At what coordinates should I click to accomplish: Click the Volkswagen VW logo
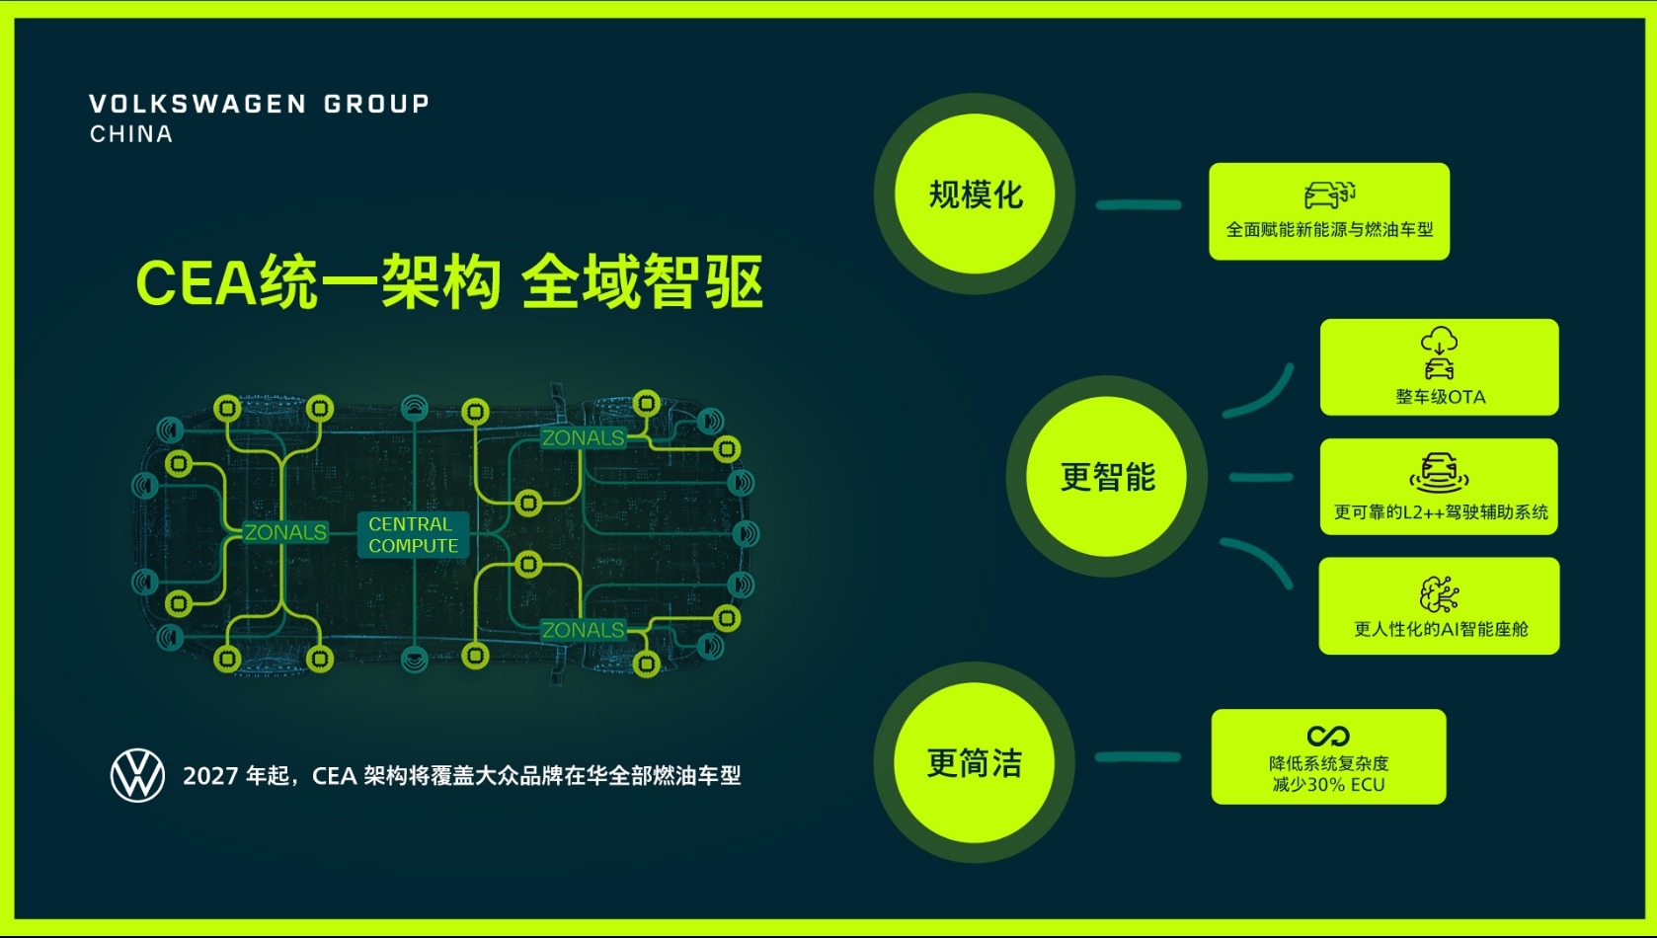tap(137, 775)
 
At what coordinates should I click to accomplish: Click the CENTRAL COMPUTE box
tap(413, 535)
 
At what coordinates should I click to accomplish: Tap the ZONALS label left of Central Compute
tap(285, 532)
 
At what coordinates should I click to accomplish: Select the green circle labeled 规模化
tap(975, 194)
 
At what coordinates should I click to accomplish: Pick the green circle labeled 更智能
tap(1107, 476)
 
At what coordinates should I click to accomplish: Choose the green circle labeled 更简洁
tap(975, 762)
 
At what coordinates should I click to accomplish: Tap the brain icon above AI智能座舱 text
tap(1439, 594)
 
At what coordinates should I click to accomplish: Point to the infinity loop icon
tap(1328, 736)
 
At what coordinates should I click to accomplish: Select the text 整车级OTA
tap(1441, 397)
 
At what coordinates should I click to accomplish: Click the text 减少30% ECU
tap(1328, 784)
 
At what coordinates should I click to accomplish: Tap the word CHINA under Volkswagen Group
tap(131, 134)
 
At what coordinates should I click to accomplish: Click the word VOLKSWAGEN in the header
tap(197, 104)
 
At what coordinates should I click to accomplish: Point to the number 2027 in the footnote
tap(210, 776)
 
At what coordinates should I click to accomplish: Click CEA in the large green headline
tap(197, 283)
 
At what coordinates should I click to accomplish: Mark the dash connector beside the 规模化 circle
tap(1139, 205)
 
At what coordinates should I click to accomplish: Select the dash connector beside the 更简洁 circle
tap(1138, 756)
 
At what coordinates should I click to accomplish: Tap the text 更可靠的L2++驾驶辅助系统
tap(1441, 511)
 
